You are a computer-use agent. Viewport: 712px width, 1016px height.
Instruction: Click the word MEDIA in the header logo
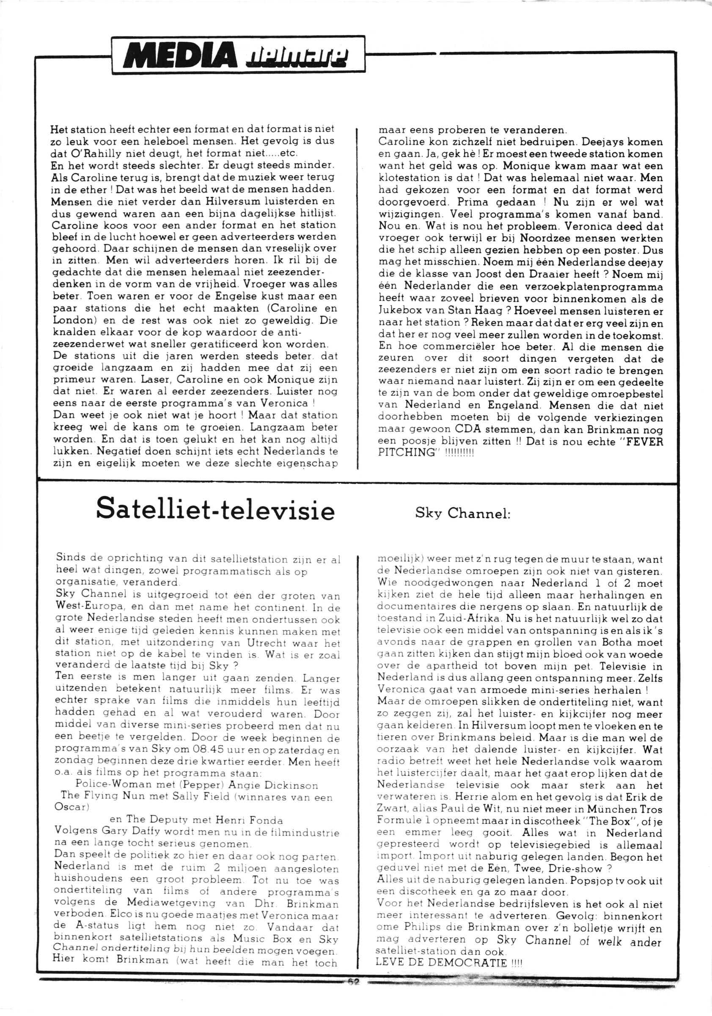[x=181, y=55]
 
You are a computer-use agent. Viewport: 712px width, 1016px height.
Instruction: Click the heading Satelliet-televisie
[x=216, y=511]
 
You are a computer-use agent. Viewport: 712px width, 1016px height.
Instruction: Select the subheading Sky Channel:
[x=463, y=513]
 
